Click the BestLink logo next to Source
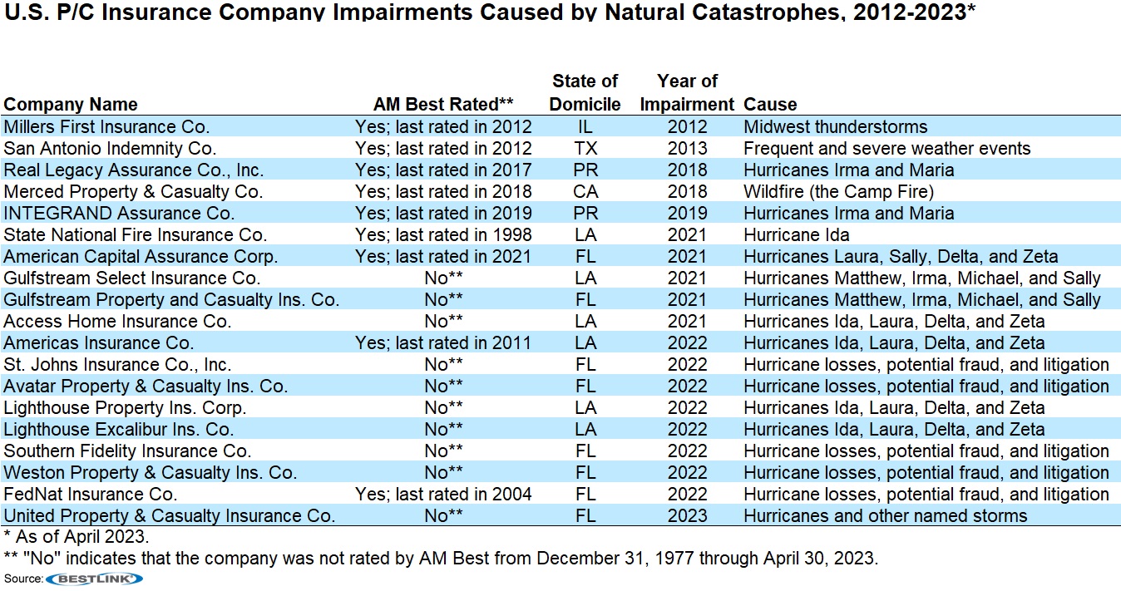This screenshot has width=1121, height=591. (94, 579)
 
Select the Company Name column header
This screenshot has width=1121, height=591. (71, 105)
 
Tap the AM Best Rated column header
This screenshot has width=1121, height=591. (443, 105)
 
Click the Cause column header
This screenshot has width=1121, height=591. (770, 105)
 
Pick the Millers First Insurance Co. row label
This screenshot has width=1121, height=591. (106, 127)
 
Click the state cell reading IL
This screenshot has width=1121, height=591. (585, 127)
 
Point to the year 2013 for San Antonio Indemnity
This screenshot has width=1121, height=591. (687, 149)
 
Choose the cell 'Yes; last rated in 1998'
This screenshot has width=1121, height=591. (443, 235)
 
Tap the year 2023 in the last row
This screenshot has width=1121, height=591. (687, 516)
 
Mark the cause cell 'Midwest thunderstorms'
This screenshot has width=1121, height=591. (835, 127)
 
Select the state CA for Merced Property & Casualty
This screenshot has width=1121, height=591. (585, 192)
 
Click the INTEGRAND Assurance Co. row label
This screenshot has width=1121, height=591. (119, 214)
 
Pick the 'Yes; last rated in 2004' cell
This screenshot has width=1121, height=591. (443, 495)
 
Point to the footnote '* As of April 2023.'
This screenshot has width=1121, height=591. (76, 537)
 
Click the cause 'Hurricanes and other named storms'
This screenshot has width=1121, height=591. (885, 516)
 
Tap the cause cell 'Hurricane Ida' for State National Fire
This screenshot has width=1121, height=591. (796, 235)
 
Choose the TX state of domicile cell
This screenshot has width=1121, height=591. (585, 149)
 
